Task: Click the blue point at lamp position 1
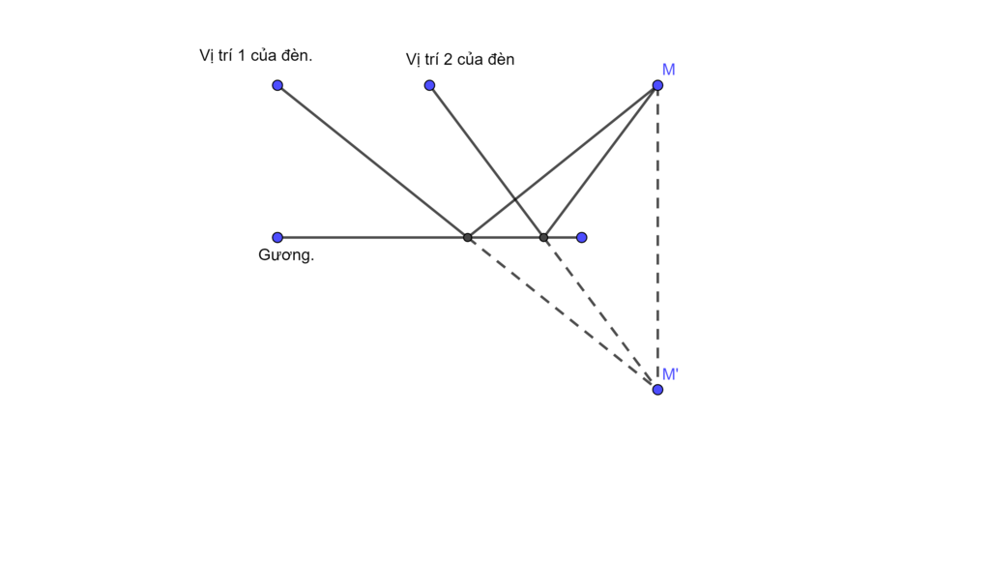click(x=277, y=85)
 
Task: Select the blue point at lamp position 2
click(x=429, y=85)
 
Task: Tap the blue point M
click(x=657, y=85)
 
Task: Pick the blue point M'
click(x=657, y=389)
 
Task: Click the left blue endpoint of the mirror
click(x=277, y=237)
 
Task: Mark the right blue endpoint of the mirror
click(x=581, y=237)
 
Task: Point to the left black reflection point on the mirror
click(x=467, y=237)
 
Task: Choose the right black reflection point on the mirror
click(x=543, y=237)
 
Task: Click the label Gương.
click(x=286, y=256)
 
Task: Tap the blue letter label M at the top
click(x=668, y=70)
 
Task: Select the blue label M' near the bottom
click(x=670, y=374)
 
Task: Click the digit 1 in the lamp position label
click(x=241, y=55)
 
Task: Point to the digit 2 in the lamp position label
click(x=448, y=60)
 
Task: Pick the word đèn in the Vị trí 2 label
click(x=500, y=60)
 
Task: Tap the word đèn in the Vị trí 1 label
click(x=296, y=55)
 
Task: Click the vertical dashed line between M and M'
click(x=657, y=237)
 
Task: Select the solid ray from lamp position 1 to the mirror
click(x=372, y=161)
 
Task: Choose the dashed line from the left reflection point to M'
click(x=562, y=312)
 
